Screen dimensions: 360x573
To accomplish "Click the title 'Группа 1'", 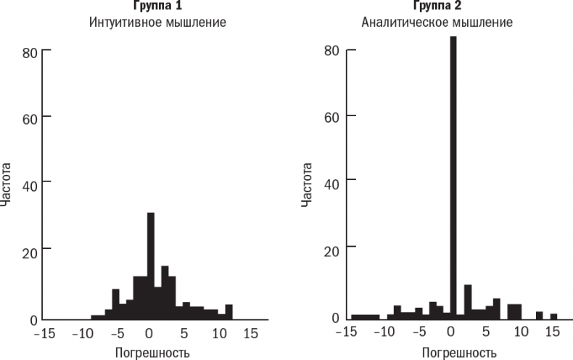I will click(157, 6).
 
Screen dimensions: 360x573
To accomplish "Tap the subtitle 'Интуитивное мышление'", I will click(157, 22).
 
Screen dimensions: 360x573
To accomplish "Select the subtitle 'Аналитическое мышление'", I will click(437, 22).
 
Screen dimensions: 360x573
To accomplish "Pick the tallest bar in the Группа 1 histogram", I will click(151, 266).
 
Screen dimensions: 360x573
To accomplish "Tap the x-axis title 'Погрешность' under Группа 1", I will click(152, 353).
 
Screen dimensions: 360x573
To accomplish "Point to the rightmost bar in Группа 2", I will click(553, 316).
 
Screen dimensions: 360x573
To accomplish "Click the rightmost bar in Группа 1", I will click(228, 312).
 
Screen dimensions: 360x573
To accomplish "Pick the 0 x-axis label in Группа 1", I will click(149, 335).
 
